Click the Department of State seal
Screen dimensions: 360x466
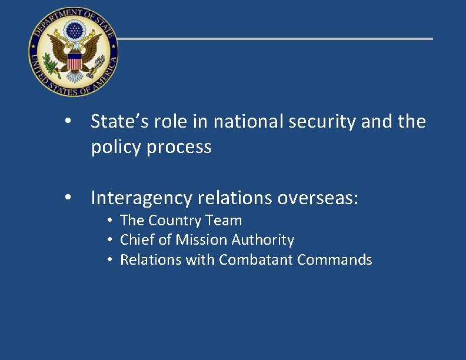73,53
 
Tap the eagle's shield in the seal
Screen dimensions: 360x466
74,61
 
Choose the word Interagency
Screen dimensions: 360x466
141,198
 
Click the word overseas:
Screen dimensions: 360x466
317,198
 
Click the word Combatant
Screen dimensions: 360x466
256,259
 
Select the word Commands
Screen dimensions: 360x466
335,259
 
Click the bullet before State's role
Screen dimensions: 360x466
69,122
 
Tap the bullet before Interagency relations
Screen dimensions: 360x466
69,199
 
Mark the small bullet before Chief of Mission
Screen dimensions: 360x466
110,241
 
